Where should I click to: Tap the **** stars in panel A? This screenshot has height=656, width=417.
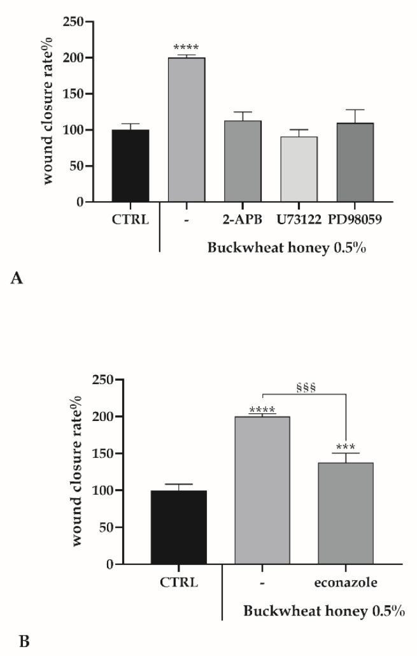(186, 48)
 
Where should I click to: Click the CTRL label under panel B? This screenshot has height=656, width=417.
(179, 583)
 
